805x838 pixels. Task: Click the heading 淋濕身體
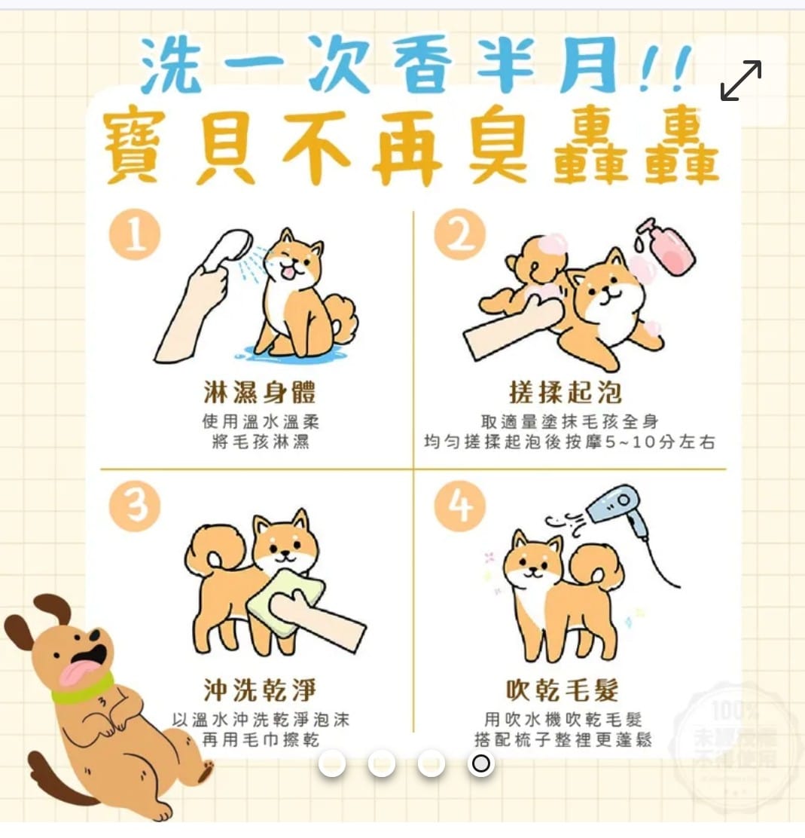pyautogui.click(x=259, y=393)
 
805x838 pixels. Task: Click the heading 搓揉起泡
pyautogui.click(x=565, y=393)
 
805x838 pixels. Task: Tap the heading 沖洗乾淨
pyautogui.click(x=259, y=690)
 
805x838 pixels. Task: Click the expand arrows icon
pyautogui.click(x=740, y=80)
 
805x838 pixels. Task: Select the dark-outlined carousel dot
pyautogui.click(x=480, y=764)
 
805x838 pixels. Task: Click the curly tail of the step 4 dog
pyautogui.click(x=599, y=565)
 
